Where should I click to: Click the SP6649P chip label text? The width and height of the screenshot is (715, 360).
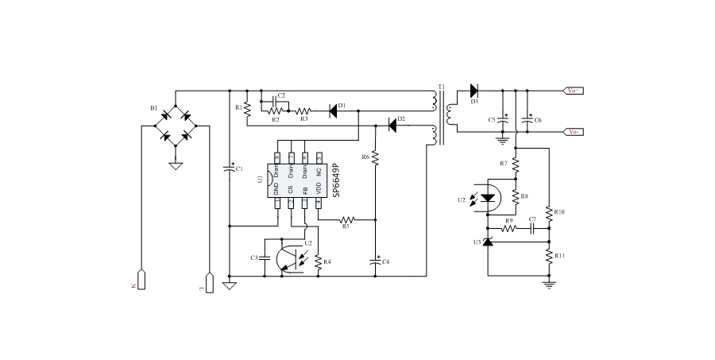[336, 181]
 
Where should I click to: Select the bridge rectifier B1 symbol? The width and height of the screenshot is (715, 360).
[176, 126]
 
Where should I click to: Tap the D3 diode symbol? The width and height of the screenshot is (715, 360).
[474, 91]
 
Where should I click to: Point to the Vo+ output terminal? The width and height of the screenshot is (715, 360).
[574, 91]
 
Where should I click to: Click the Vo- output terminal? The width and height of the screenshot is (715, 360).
[574, 132]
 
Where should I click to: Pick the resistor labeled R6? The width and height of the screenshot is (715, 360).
[375, 157]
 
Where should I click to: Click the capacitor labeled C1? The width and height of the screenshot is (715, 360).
[229, 169]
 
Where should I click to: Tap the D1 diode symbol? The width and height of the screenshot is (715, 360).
[333, 111]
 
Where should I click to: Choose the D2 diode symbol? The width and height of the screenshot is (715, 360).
[392, 125]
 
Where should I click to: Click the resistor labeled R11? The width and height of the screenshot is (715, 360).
[549, 256]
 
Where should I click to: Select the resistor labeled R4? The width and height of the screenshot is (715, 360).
[319, 261]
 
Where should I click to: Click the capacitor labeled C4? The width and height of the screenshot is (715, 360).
[375, 259]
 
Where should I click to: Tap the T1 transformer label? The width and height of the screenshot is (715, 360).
[442, 86]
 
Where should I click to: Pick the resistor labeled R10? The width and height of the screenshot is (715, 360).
[549, 211]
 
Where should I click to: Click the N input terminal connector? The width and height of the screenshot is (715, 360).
[141, 281]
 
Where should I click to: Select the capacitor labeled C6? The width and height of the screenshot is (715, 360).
[528, 120]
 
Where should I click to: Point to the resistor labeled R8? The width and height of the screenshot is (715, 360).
[515, 195]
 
